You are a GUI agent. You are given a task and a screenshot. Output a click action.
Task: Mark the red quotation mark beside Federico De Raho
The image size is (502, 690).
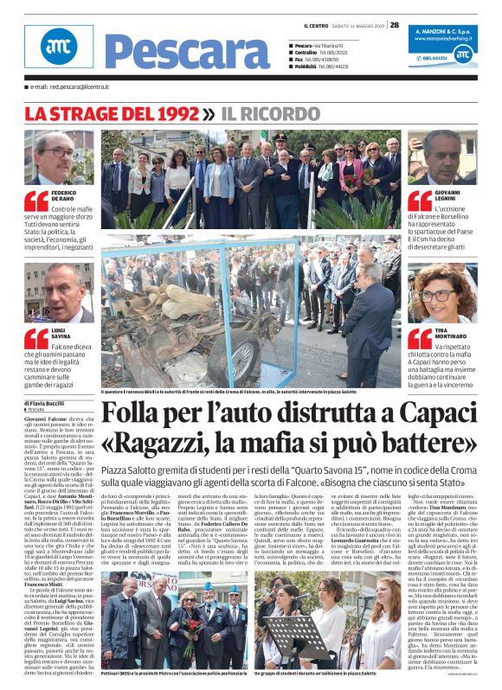pyautogui.click(x=36, y=201)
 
